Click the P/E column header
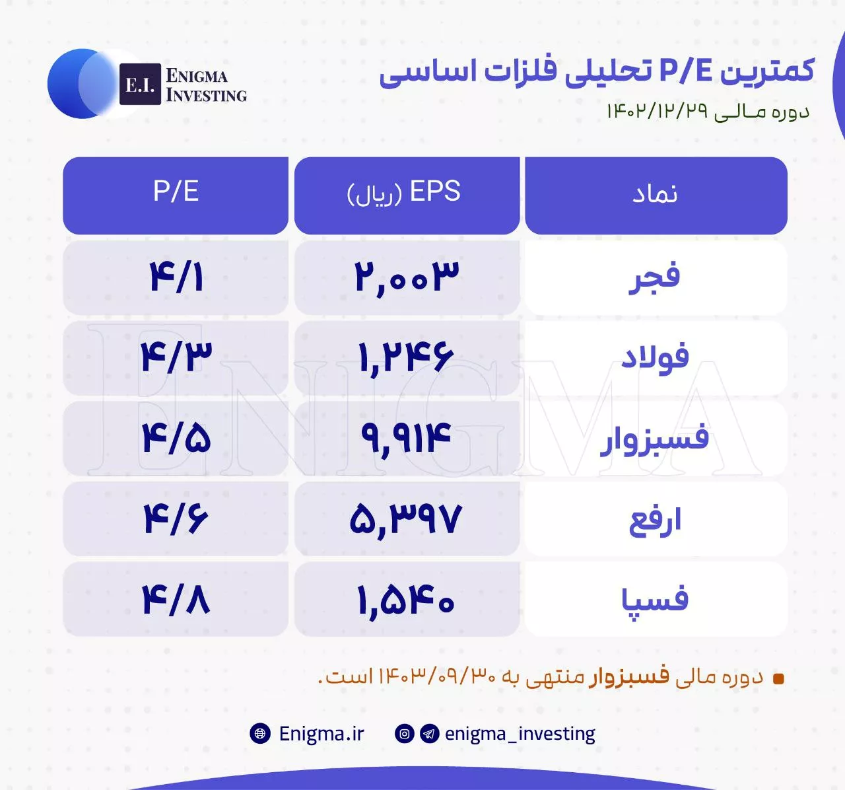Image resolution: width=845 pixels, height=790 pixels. click(176, 196)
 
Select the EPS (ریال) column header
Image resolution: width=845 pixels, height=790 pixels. click(407, 196)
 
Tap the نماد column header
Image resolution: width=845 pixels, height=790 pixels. click(656, 196)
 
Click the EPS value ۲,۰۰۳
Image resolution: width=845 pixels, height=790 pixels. click(407, 277)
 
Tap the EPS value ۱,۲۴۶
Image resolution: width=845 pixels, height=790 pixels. click(407, 358)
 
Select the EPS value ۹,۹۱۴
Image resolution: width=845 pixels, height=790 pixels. click(407, 438)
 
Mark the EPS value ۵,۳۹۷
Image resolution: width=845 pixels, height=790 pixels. click(407, 519)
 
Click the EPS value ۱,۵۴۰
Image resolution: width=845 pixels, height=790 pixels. click(407, 599)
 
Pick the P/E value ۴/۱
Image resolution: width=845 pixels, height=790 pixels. click(176, 277)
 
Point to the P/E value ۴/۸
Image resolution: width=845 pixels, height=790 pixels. click(176, 599)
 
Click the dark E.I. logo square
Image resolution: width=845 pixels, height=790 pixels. click(140, 84)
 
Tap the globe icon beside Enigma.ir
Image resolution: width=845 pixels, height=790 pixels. click(260, 733)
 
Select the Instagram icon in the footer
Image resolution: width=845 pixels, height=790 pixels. click(404, 733)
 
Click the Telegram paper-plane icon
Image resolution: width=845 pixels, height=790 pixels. click(429, 733)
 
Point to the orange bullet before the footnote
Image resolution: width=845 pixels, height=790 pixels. click(778, 679)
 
